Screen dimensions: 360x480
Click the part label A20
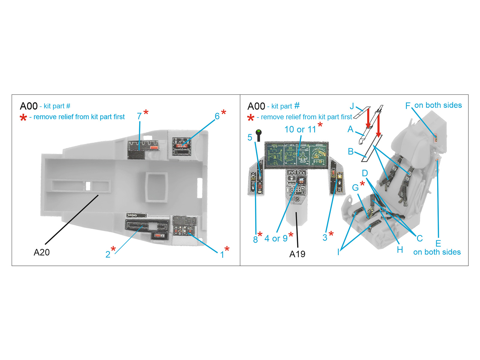(41, 252)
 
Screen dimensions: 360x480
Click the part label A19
(297, 254)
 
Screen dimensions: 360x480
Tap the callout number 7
(139, 116)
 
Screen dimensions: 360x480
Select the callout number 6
(217, 116)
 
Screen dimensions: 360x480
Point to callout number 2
(108, 254)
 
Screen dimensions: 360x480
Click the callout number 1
(222, 255)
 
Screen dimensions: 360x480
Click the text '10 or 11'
(300, 129)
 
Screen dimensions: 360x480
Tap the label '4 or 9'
(276, 238)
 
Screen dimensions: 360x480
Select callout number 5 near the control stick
(250, 137)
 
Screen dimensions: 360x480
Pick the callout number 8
(255, 239)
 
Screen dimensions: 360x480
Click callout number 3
(325, 238)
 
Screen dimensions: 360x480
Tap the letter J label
(352, 106)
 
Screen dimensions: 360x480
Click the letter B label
(350, 151)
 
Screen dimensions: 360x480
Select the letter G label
(355, 187)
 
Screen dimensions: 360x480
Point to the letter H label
(400, 250)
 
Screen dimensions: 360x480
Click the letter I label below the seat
(338, 252)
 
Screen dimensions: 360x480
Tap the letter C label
(419, 238)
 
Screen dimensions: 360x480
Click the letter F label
(408, 106)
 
